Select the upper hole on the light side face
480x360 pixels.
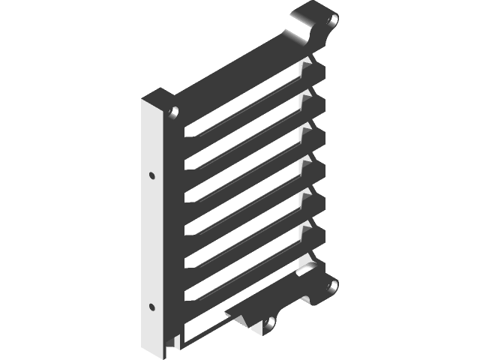pyautogui.click(x=152, y=176)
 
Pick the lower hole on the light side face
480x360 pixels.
pyautogui.click(x=152, y=307)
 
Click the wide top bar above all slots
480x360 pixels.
pyautogui.click(x=240, y=71)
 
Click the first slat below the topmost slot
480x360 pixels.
pyautogui.click(x=247, y=120)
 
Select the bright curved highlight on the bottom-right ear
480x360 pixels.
pyautogui.click(x=307, y=267)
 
